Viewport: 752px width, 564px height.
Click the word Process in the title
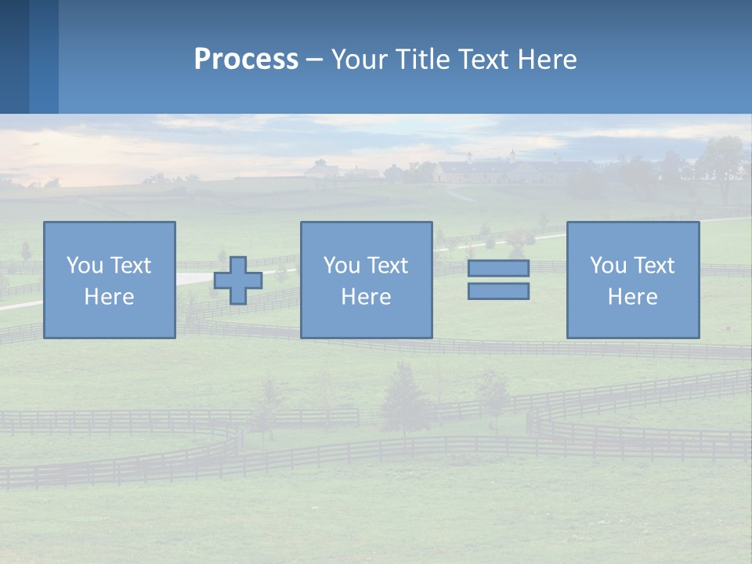[x=246, y=60]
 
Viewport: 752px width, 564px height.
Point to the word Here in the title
[x=544, y=60]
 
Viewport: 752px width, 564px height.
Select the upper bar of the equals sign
[x=498, y=268]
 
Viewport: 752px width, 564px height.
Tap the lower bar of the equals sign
[x=498, y=291]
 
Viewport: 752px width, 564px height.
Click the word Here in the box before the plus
[x=109, y=297]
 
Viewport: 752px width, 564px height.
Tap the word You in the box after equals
[x=608, y=266]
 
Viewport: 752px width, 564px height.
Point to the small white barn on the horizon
[x=320, y=169]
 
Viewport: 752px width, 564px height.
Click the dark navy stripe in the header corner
[x=14, y=56]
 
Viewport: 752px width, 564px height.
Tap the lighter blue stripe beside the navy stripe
[x=44, y=56]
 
